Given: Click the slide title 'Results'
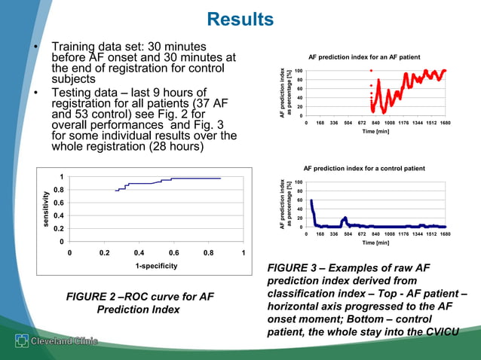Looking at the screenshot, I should pyautogui.click(x=240, y=18).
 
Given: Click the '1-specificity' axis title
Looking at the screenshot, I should pyautogui.click(x=157, y=267).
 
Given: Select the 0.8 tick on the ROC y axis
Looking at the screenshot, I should pyautogui.click(x=57, y=191).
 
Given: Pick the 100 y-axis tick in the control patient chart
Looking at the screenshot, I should pyautogui.click(x=299, y=182).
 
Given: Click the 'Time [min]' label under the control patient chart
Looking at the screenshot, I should pyautogui.click(x=375, y=243).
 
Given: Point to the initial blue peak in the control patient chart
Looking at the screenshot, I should pyautogui.click(x=311, y=201).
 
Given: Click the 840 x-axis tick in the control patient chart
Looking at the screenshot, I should pyautogui.click(x=375, y=234).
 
